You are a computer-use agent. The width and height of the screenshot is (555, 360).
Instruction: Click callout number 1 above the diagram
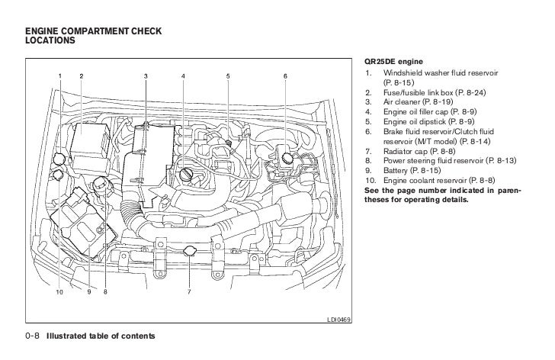[x=59, y=76]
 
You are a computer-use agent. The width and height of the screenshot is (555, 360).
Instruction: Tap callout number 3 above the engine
[x=146, y=76]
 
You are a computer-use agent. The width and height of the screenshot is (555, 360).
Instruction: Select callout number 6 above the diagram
[x=285, y=76]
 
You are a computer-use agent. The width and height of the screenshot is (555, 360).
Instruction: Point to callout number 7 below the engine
[x=188, y=291]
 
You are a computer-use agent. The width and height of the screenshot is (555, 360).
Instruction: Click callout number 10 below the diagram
[x=59, y=291]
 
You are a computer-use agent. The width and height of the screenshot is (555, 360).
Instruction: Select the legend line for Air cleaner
[x=411, y=101]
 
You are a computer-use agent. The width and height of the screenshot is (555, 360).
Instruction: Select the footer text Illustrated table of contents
[x=101, y=336]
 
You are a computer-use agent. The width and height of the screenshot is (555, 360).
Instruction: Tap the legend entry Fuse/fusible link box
[x=426, y=91]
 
